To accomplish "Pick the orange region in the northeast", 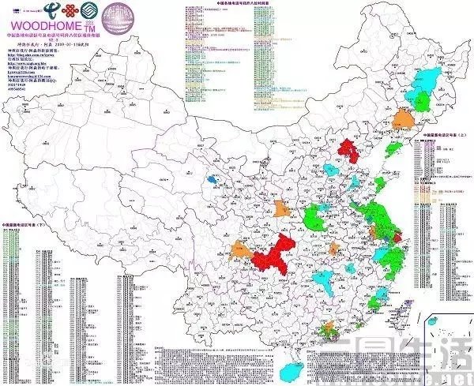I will coord(401,118).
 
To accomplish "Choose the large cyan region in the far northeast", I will coord(431,79).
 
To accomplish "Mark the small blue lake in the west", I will coord(211,180).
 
